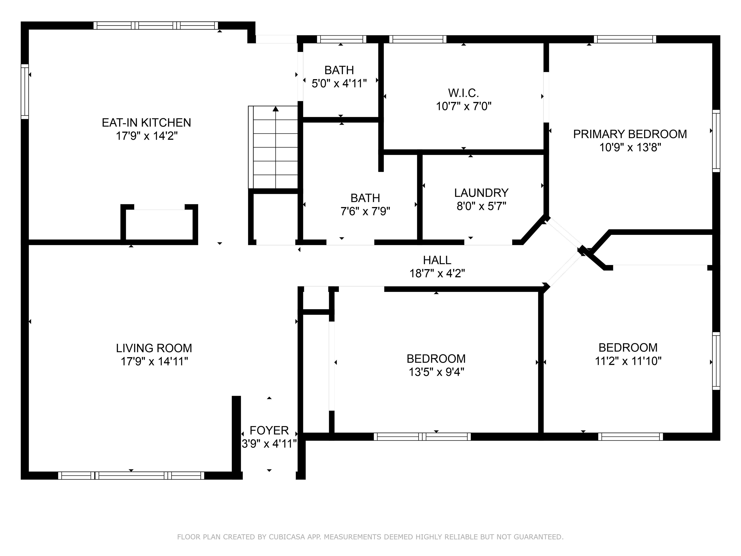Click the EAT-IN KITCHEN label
tap(146, 123)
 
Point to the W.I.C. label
tap(463, 93)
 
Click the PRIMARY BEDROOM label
tap(630, 134)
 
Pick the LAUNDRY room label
tap(481, 193)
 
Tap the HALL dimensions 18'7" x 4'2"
tap(437, 273)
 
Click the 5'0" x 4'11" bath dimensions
tap(339, 83)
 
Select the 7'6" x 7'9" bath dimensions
tap(365, 211)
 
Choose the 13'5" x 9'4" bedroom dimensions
tap(436, 372)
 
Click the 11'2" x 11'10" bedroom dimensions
tap(628, 361)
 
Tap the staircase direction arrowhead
tap(276, 109)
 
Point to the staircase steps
tap(273, 147)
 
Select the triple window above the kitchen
tap(156, 26)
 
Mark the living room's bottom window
tap(131, 475)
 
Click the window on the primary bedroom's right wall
tap(716, 141)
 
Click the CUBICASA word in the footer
tap(287, 537)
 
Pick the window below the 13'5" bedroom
tap(422, 436)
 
